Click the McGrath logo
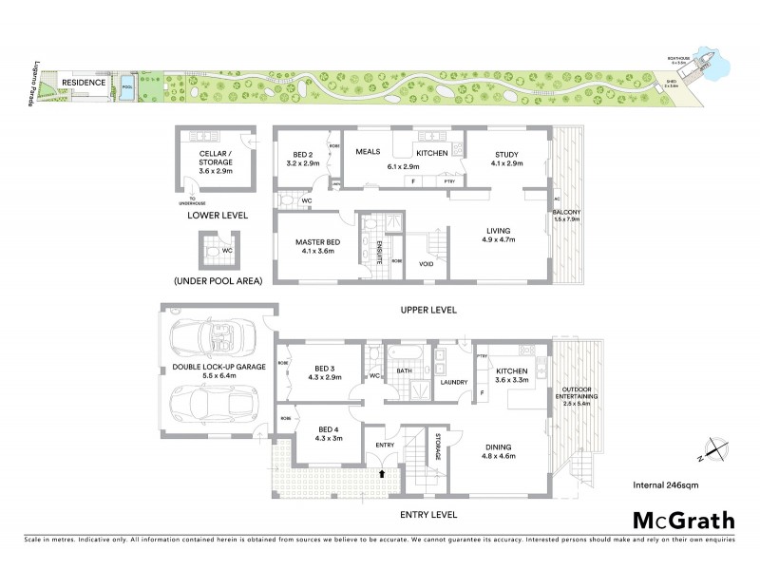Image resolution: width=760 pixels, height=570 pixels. point(684,520)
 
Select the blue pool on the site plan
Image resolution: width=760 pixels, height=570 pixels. point(127,89)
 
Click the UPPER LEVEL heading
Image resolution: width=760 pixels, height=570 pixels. point(429,310)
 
